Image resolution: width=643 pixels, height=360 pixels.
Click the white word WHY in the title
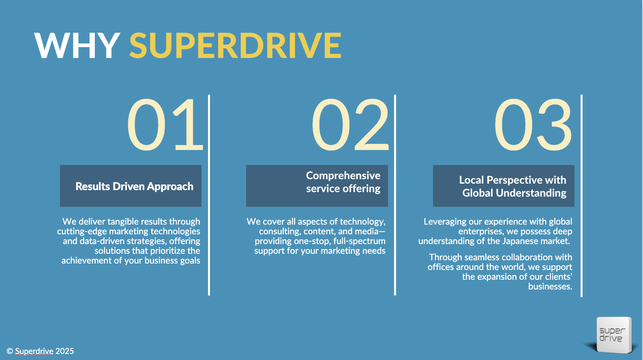coord(77,45)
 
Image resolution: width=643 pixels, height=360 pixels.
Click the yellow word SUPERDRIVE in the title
coord(236,45)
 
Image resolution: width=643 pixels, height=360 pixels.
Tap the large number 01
coord(165,124)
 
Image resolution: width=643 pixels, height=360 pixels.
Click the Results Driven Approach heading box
coord(131,186)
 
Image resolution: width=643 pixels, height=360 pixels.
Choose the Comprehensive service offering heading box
coord(317,186)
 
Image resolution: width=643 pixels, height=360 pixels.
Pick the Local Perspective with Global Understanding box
coord(504,186)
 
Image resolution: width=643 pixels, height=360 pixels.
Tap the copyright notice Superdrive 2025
coord(40,351)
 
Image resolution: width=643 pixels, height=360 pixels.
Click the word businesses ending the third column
coord(550,287)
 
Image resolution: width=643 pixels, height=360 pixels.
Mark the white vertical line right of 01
coord(209,195)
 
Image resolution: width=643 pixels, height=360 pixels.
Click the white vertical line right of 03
coord(581,195)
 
